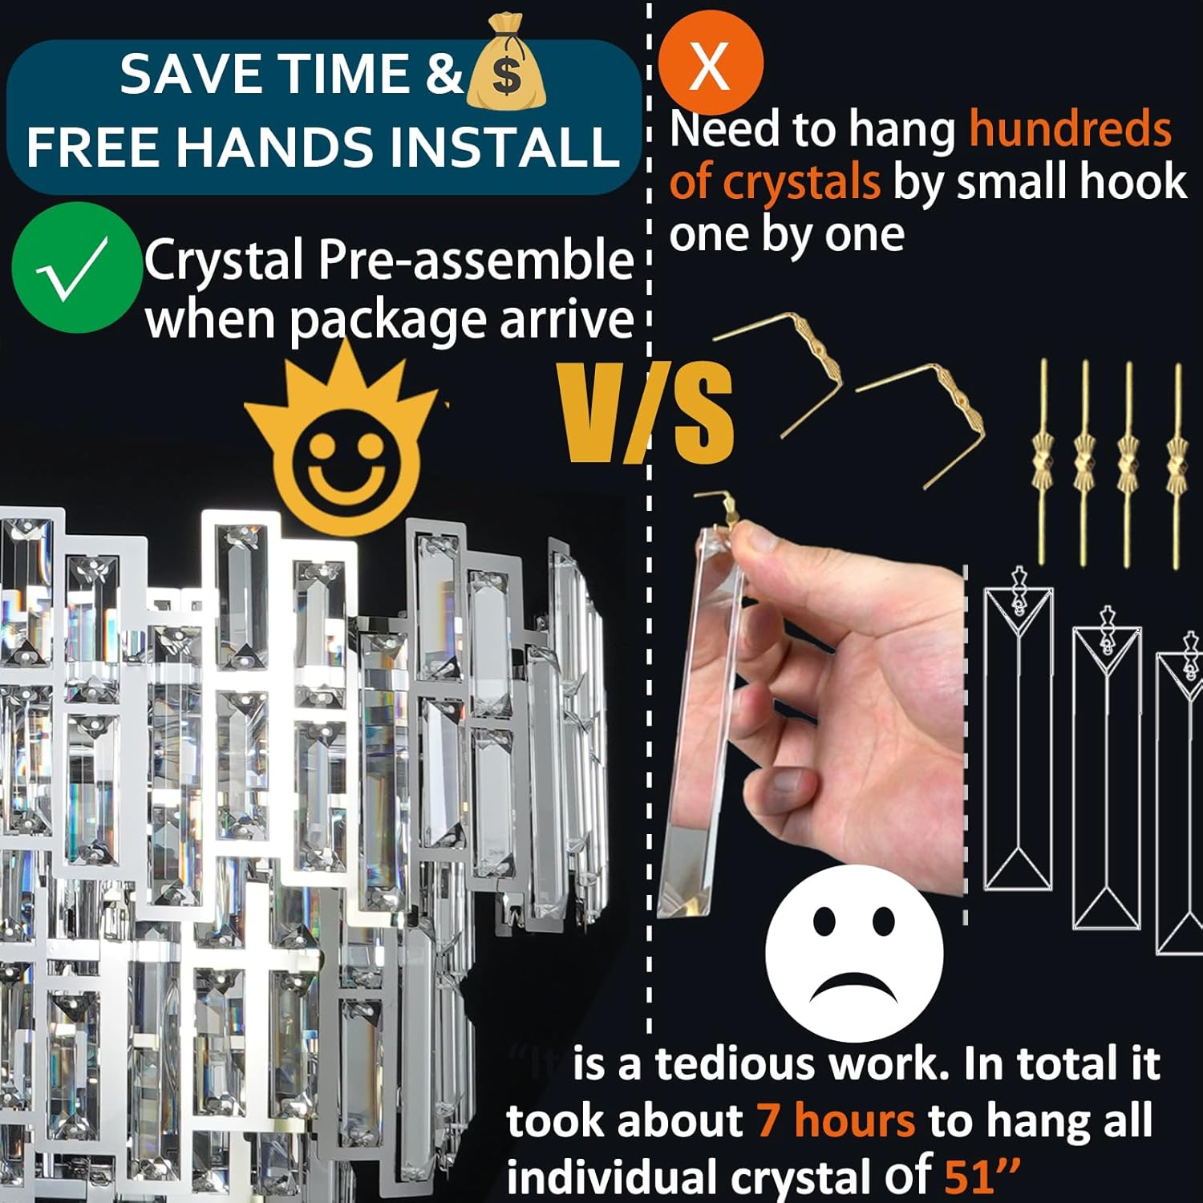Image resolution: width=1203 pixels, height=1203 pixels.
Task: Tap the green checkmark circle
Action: tap(76, 268)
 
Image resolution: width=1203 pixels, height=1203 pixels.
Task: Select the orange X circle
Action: tap(710, 63)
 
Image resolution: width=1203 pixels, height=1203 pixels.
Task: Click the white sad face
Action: tap(854, 953)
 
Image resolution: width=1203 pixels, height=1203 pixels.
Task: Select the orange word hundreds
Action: tap(1070, 128)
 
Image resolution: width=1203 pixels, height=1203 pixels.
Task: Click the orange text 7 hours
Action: tap(835, 1120)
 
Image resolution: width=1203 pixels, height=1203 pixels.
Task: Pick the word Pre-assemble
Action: tap(476, 261)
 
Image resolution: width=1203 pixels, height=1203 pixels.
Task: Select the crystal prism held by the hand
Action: tap(698, 722)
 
